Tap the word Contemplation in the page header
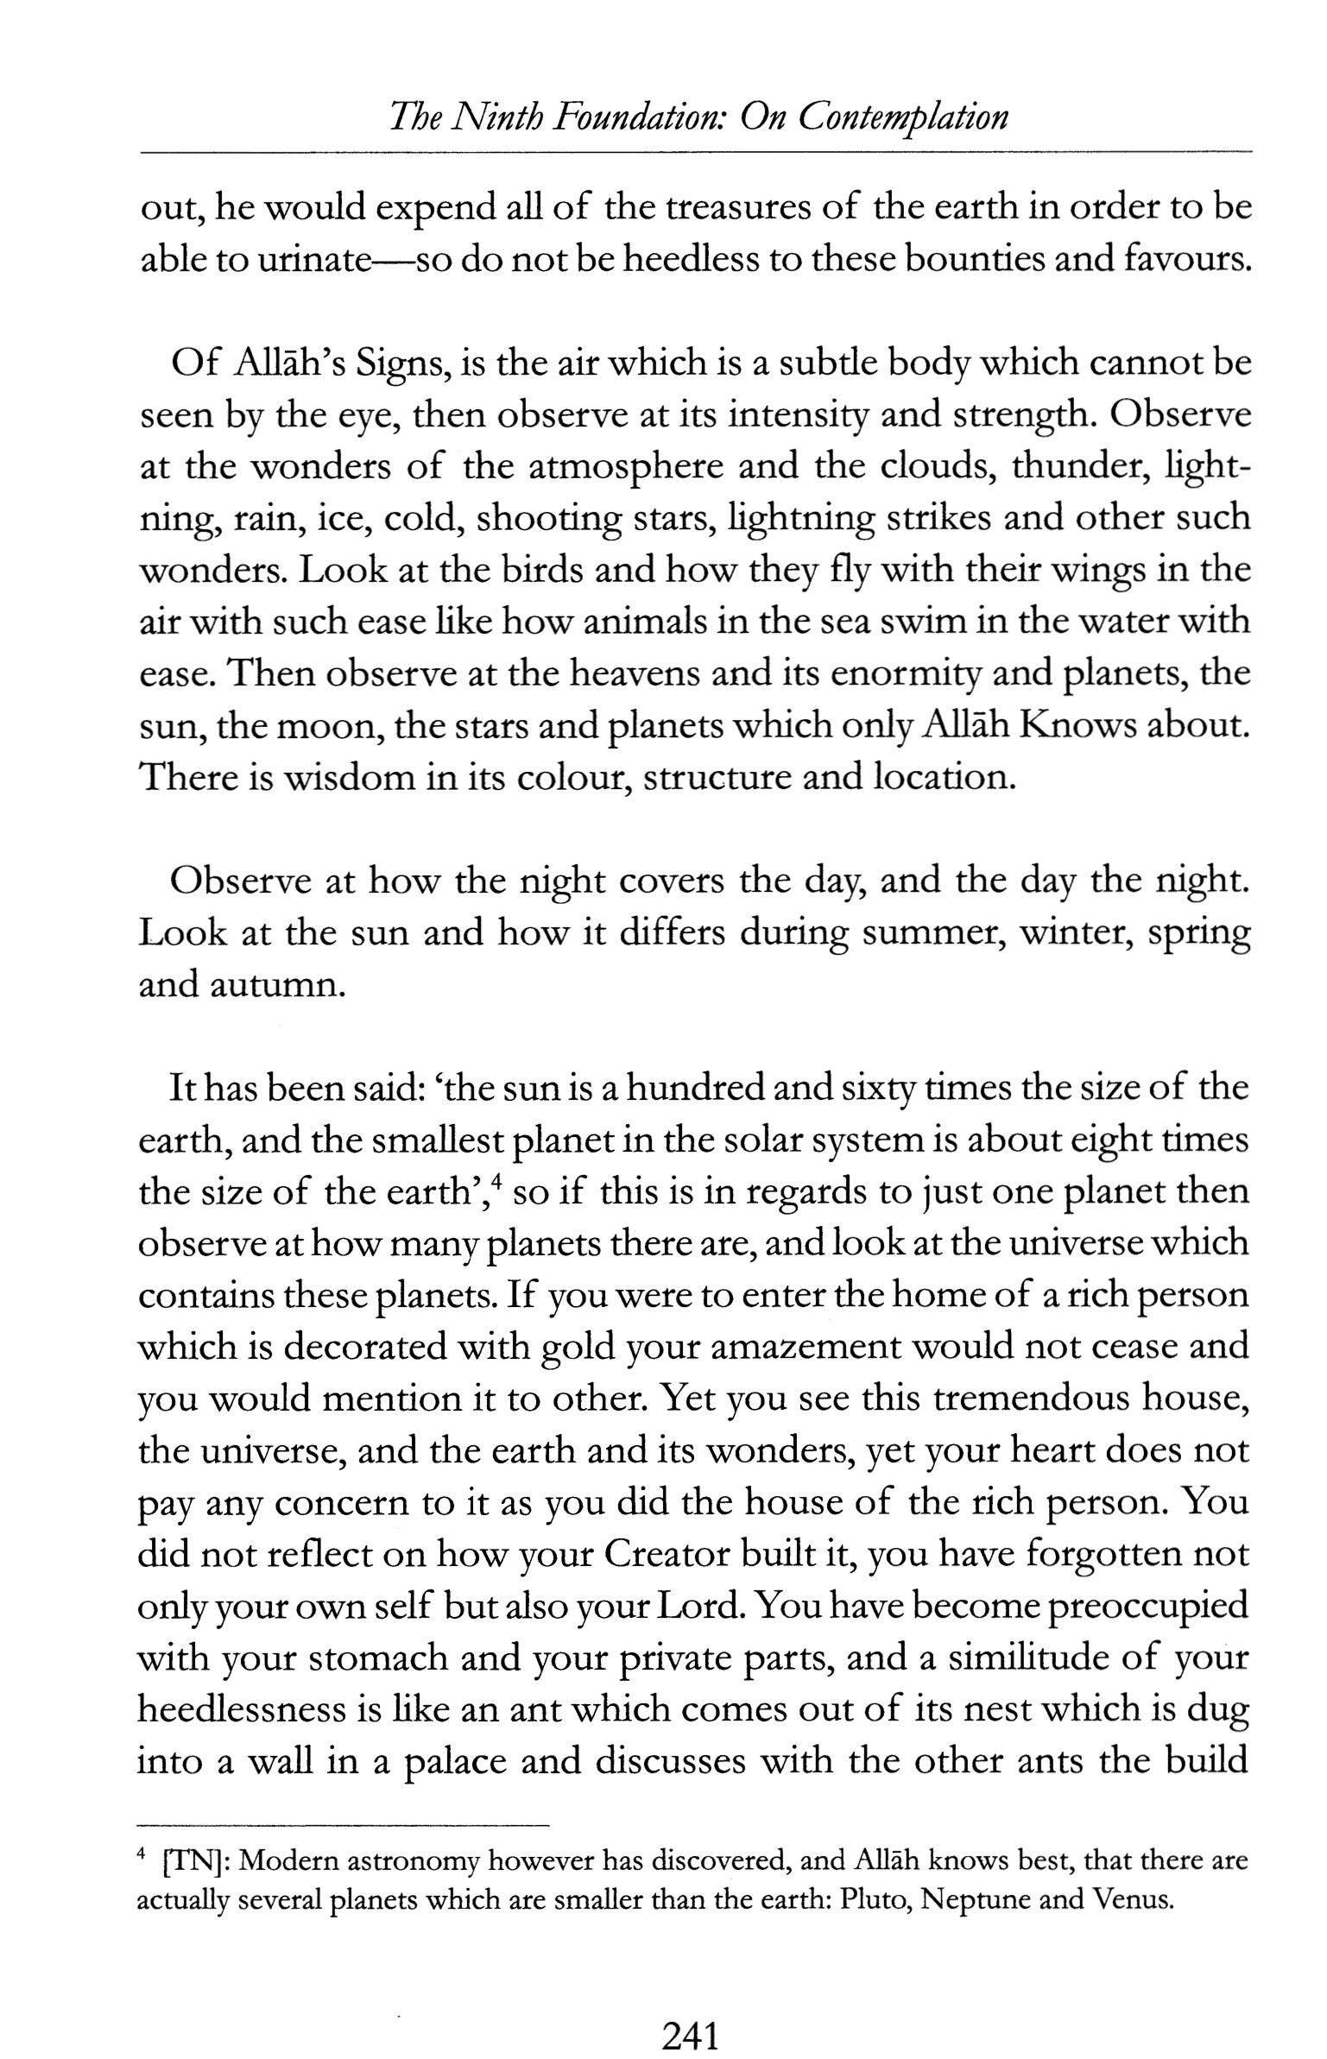tap(902, 117)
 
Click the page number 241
tap(690, 2011)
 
